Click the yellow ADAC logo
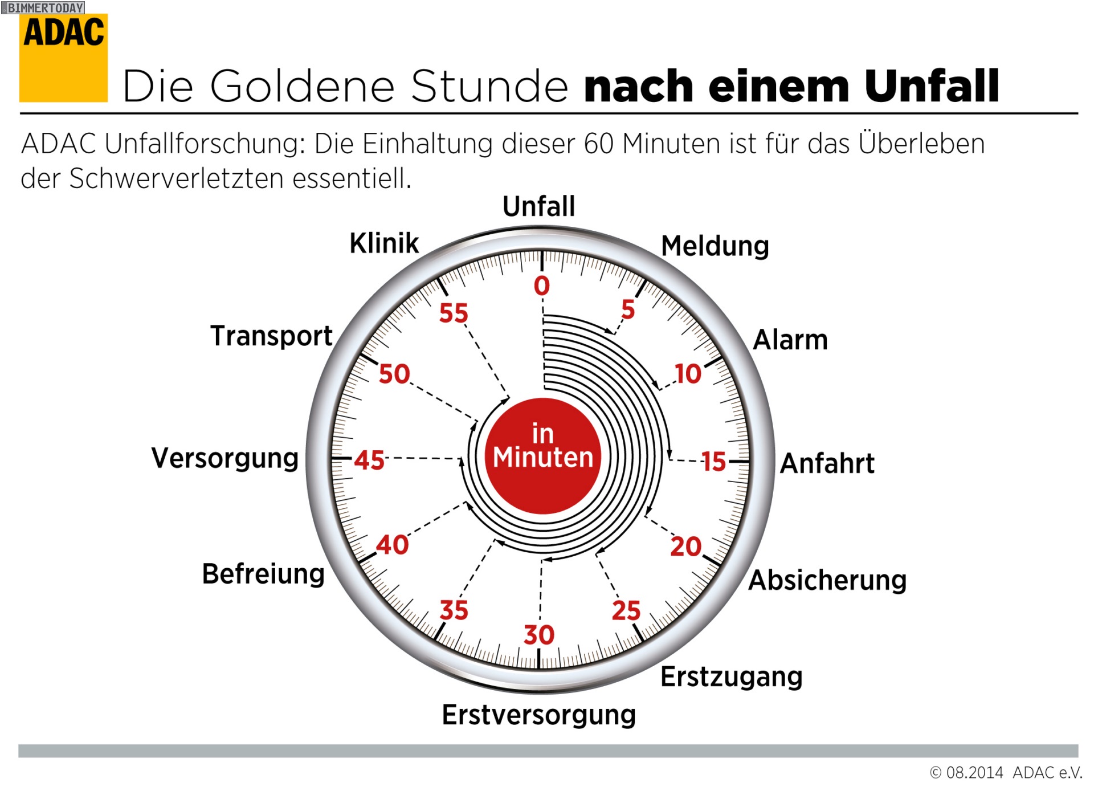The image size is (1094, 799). [63, 58]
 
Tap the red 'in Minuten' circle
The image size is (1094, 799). [542, 455]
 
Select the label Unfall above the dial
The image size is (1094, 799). [538, 206]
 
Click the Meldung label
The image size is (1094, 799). [715, 246]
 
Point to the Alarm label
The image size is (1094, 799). [790, 340]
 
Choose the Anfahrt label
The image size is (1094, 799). [827, 463]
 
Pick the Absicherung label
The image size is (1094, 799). [827, 580]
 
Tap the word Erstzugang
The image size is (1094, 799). [732, 677]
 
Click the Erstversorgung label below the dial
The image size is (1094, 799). [538, 715]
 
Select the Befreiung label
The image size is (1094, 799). [263, 573]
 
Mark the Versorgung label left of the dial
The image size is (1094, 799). [225, 458]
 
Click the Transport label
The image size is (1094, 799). [271, 335]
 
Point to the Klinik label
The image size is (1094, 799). [384, 243]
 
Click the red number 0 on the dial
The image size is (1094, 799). [542, 286]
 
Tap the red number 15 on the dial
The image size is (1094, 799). [713, 462]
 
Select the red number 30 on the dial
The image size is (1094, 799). [539, 635]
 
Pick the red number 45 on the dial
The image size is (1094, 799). [369, 460]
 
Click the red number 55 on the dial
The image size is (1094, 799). [454, 313]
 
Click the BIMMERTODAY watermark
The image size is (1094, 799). [43, 7]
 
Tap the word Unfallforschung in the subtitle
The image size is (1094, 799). [202, 144]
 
